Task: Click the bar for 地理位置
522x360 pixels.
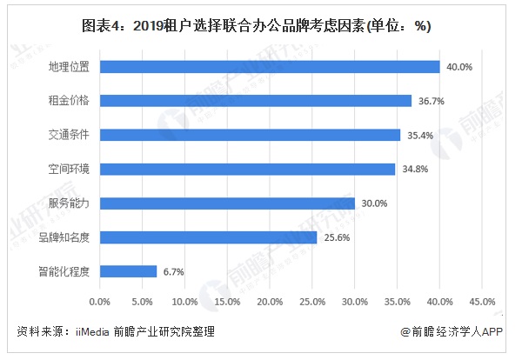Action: [270, 66]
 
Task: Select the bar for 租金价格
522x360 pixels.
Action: [256, 100]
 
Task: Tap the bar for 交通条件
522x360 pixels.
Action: [251, 135]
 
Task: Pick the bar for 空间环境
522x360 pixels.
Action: [248, 169]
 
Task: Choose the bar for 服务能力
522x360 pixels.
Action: [227, 203]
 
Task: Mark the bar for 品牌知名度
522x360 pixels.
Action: [209, 237]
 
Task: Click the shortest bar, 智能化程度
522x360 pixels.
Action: [129, 271]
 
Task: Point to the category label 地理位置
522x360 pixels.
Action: [73, 66]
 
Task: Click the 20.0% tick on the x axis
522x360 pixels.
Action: [270, 302]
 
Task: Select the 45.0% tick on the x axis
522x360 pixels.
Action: [482, 302]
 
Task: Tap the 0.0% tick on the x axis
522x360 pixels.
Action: [100, 302]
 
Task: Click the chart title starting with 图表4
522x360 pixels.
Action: [261, 25]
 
